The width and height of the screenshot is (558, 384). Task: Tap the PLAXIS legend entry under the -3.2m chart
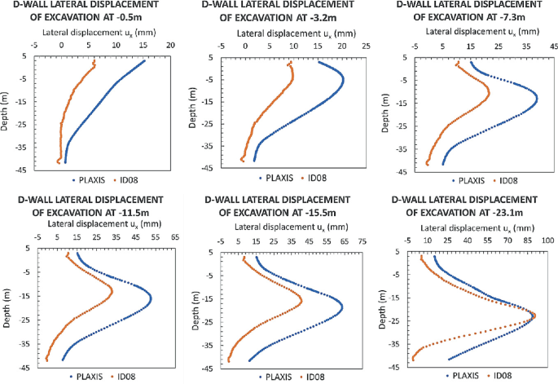(276, 178)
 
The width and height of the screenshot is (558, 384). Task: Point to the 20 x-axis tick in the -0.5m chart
(170, 47)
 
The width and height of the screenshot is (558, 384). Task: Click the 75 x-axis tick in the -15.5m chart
(362, 241)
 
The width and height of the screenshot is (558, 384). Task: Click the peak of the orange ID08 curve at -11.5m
(112, 290)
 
